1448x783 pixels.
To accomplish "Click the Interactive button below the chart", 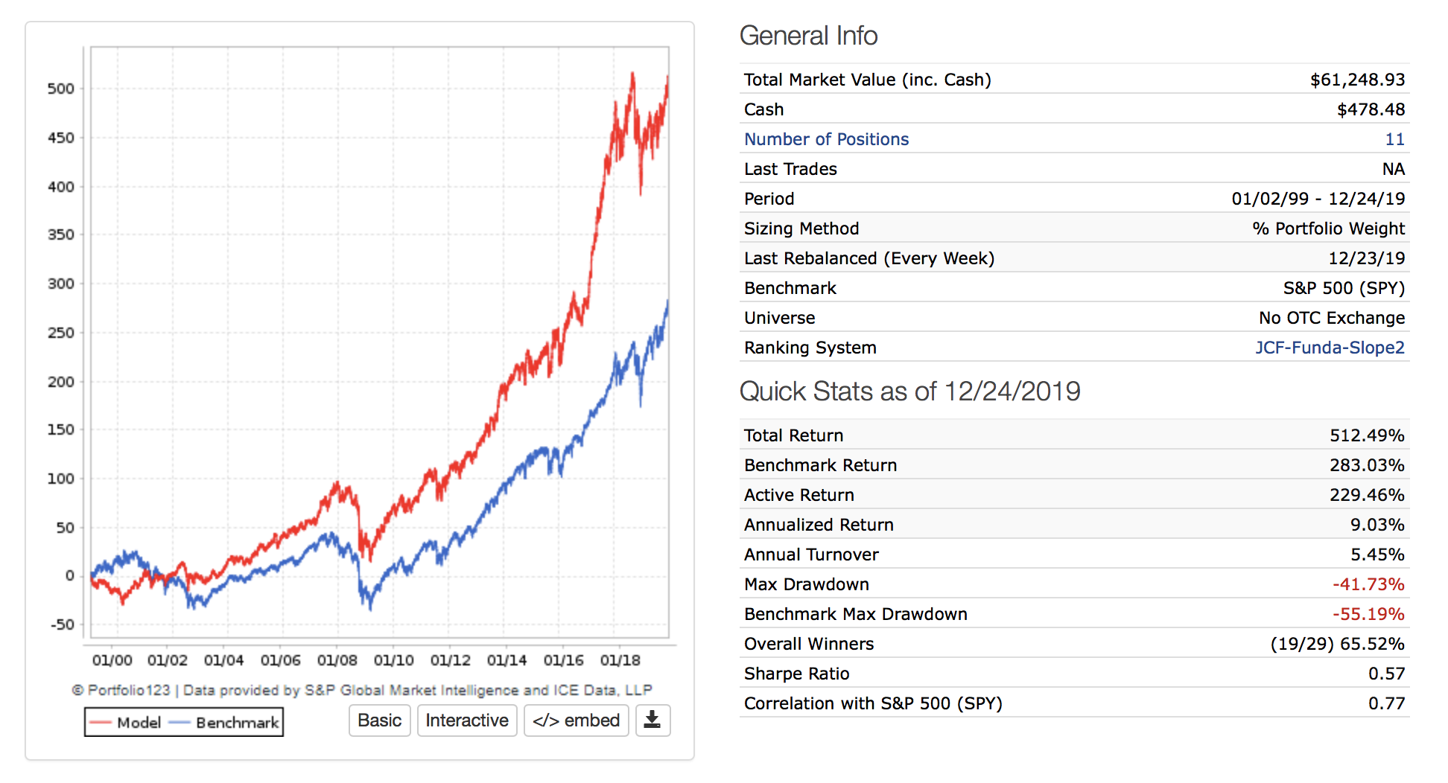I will (467, 720).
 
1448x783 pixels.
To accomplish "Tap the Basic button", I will (379, 720).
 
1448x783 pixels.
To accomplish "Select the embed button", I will (577, 720).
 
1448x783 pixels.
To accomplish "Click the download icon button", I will (652, 720).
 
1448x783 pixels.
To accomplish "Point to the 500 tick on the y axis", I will (61, 89).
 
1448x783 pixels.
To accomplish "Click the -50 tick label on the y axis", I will (62, 624).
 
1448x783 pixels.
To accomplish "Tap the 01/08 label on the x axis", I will (337, 660).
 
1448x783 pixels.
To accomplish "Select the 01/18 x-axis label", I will (620, 660).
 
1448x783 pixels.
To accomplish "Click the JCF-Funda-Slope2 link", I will (1330, 348).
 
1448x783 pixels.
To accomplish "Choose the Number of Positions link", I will (826, 139).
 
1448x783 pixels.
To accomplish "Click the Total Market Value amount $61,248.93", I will (1357, 80).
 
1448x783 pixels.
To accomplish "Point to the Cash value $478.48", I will (1371, 109).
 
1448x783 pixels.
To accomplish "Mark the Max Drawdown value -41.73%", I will (1368, 584).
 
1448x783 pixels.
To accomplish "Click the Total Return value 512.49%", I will (1367, 435).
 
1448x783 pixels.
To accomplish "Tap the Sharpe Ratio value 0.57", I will (1386, 674).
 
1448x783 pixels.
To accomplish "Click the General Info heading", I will (808, 36).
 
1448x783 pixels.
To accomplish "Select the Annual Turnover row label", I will (811, 555).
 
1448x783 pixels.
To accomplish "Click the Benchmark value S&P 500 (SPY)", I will (1344, 288).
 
